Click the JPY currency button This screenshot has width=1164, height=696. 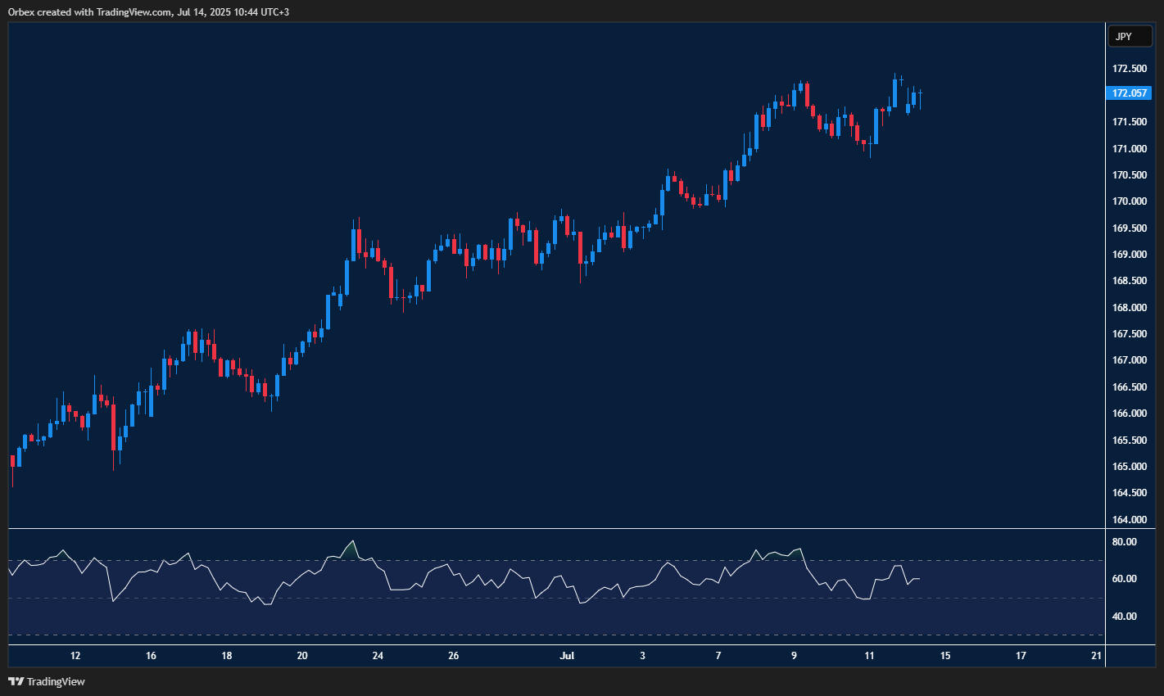(1130, 37)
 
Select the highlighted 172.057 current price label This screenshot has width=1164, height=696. (1129, 93)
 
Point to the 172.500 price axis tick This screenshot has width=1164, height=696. (1129, 69)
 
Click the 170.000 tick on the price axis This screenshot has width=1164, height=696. (1129, 201)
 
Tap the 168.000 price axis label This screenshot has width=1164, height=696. (1129, 308)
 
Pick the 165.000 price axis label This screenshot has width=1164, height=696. (1129, 467)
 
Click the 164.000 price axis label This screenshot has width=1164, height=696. (1129, 520)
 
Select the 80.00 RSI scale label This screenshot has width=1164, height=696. (1125, 542)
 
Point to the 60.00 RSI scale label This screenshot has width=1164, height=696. (1125, 579)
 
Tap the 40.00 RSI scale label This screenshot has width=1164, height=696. (1125, 617)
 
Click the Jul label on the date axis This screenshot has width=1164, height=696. (567, 656)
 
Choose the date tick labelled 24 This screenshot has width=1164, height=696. (378, 656)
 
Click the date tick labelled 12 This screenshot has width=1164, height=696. (75, 656)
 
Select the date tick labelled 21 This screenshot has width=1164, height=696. (1097, 656)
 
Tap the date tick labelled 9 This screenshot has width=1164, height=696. (794, 656)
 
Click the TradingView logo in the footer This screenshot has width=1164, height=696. (47, 681)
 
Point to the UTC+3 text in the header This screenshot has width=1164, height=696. (272, 12)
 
